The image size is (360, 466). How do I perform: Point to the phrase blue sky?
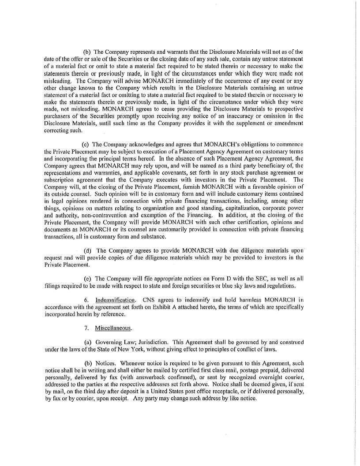pos(239,285)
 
